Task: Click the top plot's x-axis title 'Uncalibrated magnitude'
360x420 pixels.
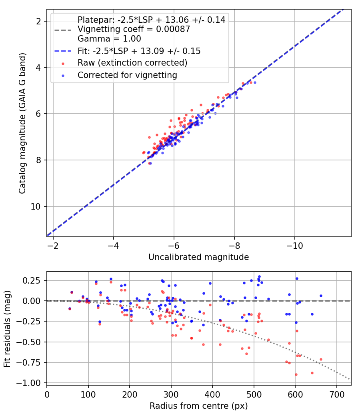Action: click(x=198, y=257)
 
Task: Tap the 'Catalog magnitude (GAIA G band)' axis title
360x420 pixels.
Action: click(x=22, y=124)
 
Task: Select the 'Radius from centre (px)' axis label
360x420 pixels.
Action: click(x=198, y=406)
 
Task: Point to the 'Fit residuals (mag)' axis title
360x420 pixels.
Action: click(x=7, y=329)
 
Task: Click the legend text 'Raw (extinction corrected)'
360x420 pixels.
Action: click(x=132, y=63)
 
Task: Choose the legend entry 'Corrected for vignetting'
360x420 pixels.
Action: click(x=127, y=75)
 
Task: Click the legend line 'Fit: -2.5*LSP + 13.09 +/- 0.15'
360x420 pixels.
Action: click(x=139, y=51)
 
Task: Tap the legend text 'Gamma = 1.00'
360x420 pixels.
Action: click(x=109, y=38)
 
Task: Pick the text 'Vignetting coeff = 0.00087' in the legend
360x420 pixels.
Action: click(x=134, y=29)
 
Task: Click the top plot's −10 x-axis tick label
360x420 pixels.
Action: click(x=295, y=246)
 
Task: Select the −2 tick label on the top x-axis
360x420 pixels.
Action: click(x=53, y=246)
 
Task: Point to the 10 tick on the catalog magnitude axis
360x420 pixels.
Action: click(x=36, y=206)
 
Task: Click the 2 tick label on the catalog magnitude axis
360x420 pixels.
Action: click(x=38, y=21)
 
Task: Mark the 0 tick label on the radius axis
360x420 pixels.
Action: click(x=47, y=394)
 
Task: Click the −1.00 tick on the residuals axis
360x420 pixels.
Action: click(x=28, y=383)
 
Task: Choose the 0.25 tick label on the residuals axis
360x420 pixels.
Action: click(x=32, y=280)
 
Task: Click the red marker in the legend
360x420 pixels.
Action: click(x=63, y=64)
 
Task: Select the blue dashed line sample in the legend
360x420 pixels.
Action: click(x=63, y=51)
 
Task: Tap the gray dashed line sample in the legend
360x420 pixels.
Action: click(x=63, y=30)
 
